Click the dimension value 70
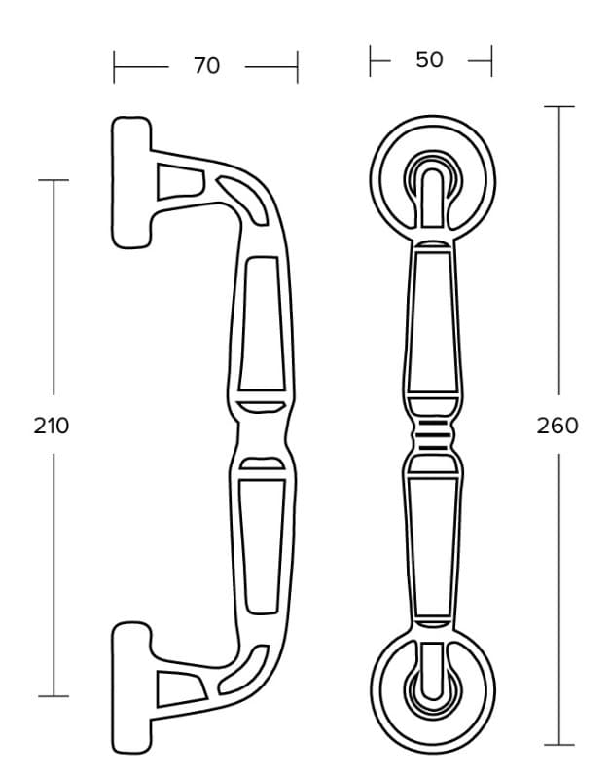click(206, 66)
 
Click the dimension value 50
click(429, 60)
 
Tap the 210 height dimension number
click(52, 426)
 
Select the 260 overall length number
click(557, 426)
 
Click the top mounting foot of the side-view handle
click(131, 182)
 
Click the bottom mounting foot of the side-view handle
click(131, 687)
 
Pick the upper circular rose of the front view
click(432, 180)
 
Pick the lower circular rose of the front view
click(432, 691)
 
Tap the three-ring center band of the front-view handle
click(432, 435)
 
